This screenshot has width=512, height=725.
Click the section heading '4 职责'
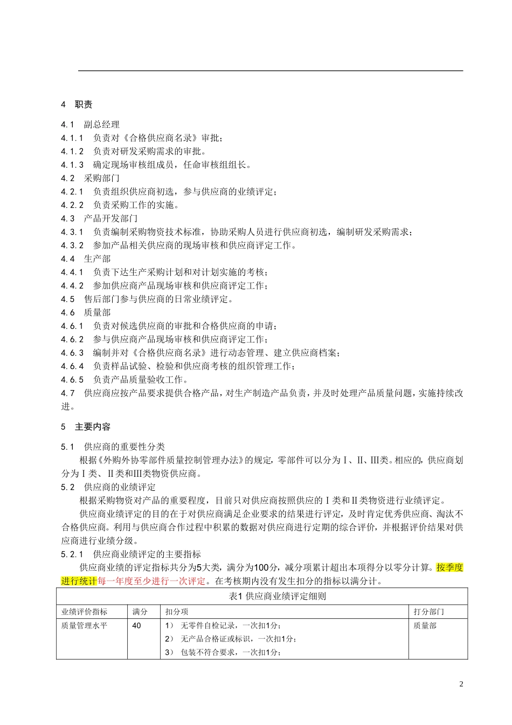(x=77, y=105)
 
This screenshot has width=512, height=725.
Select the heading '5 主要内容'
(x=86, y=427)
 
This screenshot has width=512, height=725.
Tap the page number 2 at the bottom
(x=461, y=685)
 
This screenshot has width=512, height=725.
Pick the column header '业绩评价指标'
(x=84, y=612)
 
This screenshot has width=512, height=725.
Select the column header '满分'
(x=140, y=612)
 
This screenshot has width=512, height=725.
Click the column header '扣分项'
(x=177, y=612)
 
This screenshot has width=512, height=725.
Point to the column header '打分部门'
(x=429, y=612)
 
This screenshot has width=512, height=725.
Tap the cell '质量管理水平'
(x=84, y=626)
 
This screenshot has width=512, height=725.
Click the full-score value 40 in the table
(x=136, y=626)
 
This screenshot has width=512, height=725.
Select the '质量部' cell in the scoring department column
(x=425, y=626)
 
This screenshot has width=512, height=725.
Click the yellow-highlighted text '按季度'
(x=449, y=567)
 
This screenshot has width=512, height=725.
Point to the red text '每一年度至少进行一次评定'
(x=152, y=581)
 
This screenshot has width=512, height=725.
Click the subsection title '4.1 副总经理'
(x=91, y=125)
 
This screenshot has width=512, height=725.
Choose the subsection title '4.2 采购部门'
(x=91, y=178)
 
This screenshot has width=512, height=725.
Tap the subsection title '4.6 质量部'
(x=86, y=312)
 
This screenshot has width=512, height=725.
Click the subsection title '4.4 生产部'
(x=86, y=259)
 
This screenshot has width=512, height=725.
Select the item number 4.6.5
(x=72, y=379)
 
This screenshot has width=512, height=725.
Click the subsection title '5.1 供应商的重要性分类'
(x=113, y=447)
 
